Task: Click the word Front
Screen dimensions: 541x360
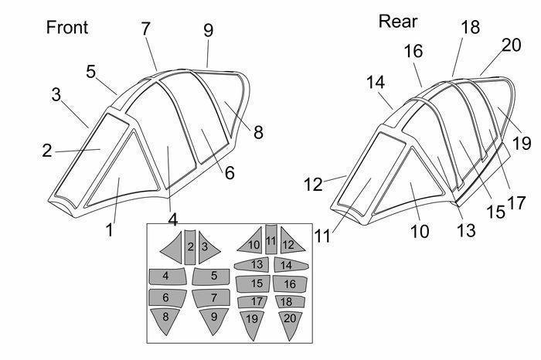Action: (x=67, y=27)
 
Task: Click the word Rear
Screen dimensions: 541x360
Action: (x=398, y=22)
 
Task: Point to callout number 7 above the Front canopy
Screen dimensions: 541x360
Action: (x=145, y=29)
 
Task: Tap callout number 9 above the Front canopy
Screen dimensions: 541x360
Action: (x=208, y=30)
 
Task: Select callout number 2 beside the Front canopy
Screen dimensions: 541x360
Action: (x=47, y=151)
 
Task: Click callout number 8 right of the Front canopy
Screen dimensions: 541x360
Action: (x=258, y=132)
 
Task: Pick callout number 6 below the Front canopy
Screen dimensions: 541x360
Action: (x=230, y=172)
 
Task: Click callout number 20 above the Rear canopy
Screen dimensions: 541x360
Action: (x=511, y=45)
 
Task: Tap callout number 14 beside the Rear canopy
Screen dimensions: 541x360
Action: (x=376, y=83)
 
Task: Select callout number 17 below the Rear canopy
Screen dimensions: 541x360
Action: (x=516, y=202)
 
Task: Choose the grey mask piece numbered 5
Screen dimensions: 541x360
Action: (x=211, y=277)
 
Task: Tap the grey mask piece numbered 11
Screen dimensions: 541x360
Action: (x=271, y=239)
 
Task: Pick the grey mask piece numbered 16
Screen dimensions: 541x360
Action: (x=290, y=284)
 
